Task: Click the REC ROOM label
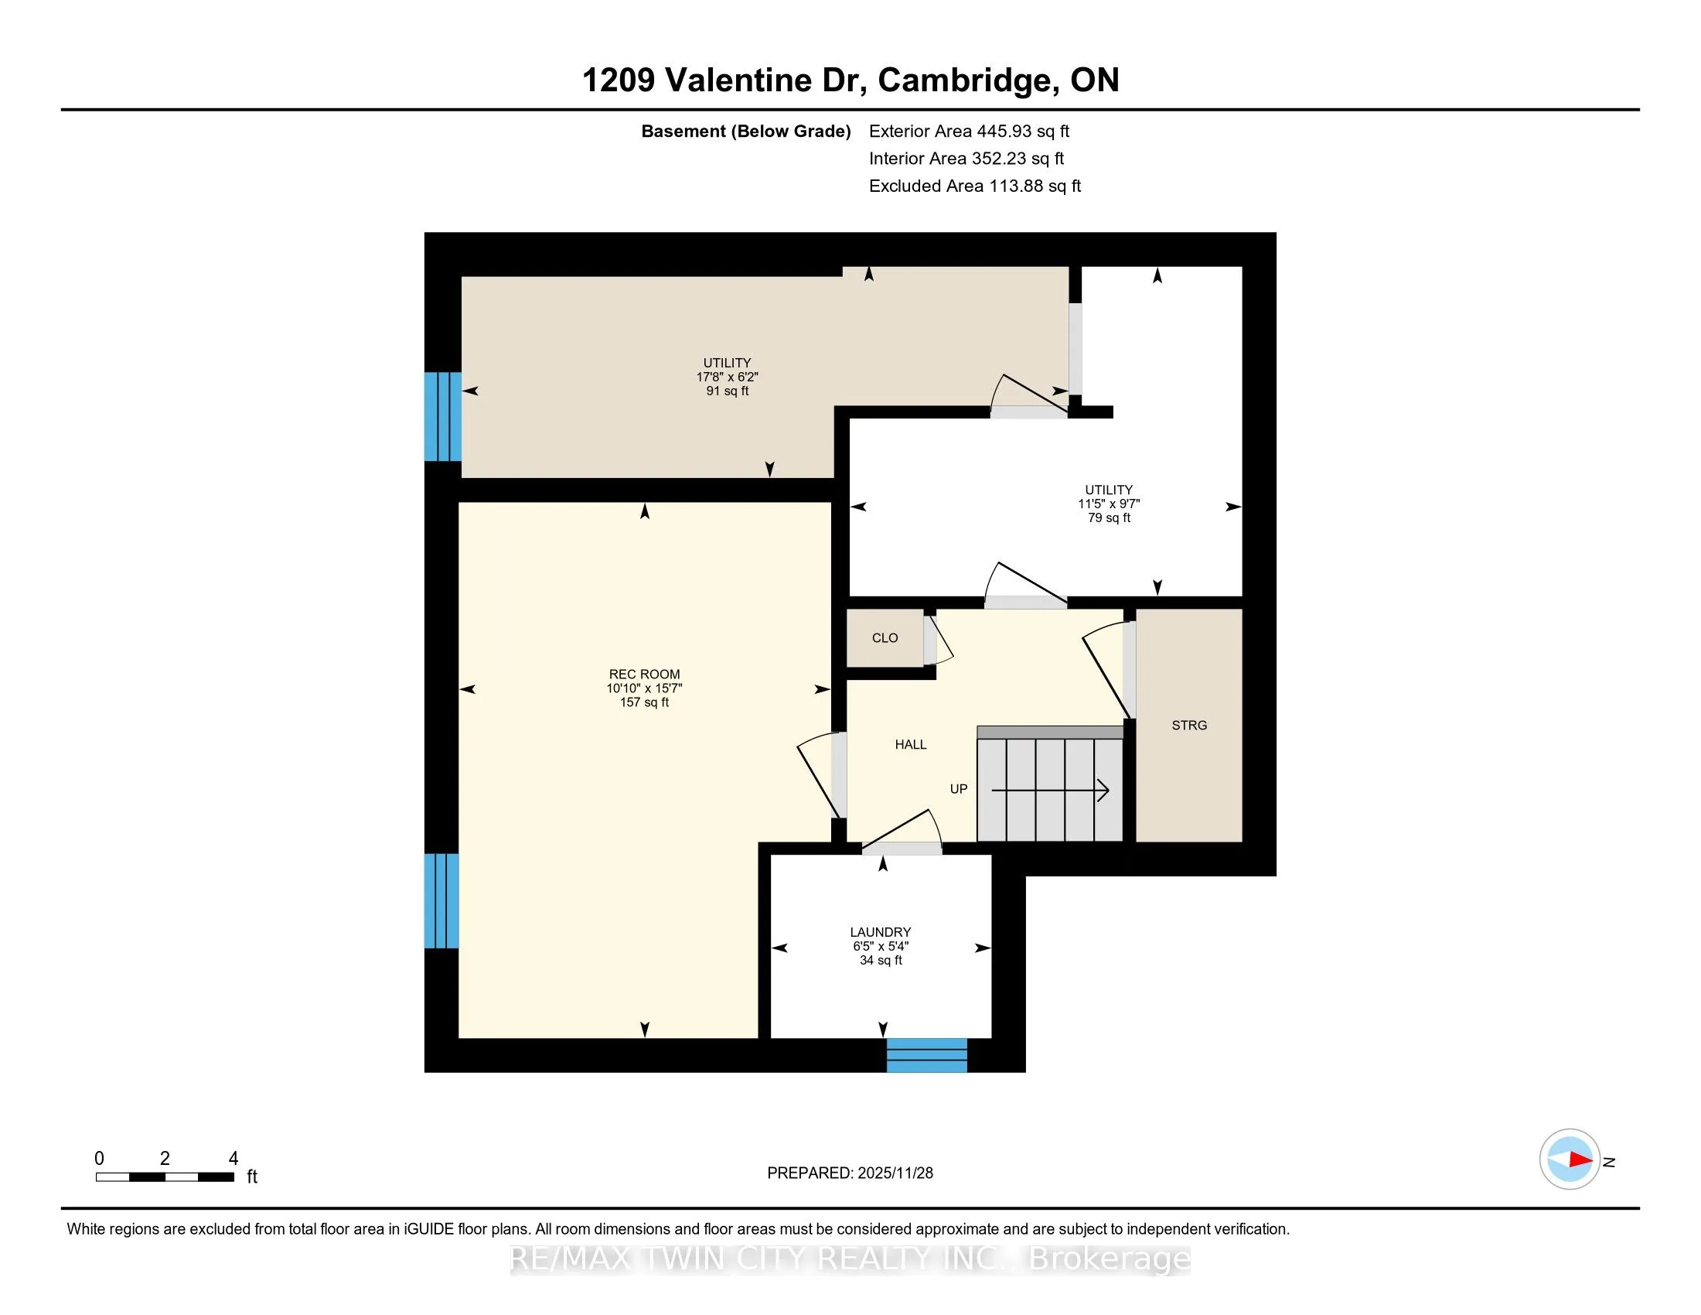pyautogui.click(x=644, y=674)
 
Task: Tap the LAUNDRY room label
pyautogui.click(x=880, y=932)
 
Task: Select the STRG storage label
pyautogui.click(x=1189, y=726)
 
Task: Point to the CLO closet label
pyautogui.click(x=885, y=638)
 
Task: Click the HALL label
pyautogui.click(x=911, y=745)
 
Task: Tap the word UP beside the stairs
pyautogui.click(x=959, y=789)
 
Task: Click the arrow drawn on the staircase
pyautogui.click(x=1050, y=790)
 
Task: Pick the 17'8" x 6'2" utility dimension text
pyautogui.click(x=727, y=377)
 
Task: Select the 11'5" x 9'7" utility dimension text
pyautogui.click(x=1109, y=504)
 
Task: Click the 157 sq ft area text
pyautogui.click(x=644, y=702)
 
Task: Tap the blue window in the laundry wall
pyautogui.click(x=927, y=1055)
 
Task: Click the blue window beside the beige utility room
pyautogui.click(x=442, y=417)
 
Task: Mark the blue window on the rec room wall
pyautogui.click(x=441, y=900)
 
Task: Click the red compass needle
pyautogui.click(x=1580, y=1160)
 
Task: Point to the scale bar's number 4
pyautogui.click(x=233, y=1159)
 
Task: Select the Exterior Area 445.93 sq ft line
pyautogui.click(x=969, y=131)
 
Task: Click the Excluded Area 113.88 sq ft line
pyautogui.click(x=975, y=186)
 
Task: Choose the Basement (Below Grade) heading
pyautogui.click(x=745, y=131)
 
